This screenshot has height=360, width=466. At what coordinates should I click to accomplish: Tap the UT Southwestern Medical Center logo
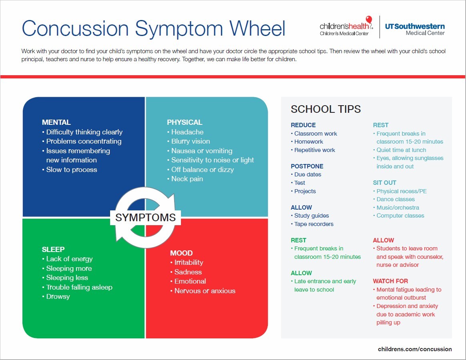[415, 29]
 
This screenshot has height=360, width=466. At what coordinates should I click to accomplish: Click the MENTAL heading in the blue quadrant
[56, 122]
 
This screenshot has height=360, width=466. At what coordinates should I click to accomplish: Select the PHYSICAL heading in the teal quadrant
[185, 122]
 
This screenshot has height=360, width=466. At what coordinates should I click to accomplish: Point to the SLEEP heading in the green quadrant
[53, 249]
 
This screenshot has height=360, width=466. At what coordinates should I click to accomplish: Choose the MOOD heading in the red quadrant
[181, 253]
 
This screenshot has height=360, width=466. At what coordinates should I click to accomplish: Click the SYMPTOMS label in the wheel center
[145, 217]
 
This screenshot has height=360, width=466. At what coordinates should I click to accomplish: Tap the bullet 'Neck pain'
[187, 179]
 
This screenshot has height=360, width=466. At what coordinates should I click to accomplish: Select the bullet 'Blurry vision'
[191, 141]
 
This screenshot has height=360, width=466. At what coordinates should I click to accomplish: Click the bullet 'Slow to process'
[72, 170]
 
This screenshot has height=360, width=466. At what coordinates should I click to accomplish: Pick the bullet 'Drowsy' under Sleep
[58, 296]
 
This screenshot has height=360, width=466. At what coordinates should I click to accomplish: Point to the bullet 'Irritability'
[189, 262]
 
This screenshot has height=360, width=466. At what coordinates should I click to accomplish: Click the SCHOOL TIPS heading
[326, 109]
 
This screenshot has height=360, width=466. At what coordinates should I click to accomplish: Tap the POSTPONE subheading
[307, 166]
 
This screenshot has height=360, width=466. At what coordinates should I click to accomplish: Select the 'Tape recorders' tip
[314, 224]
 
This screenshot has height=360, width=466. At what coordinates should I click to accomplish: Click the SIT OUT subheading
[385, 182]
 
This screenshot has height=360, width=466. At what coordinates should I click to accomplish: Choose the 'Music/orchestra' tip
[398, 208]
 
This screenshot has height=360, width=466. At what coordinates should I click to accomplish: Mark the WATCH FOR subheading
[391, 281]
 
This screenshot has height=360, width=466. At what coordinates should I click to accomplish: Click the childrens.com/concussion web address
[415, 349]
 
